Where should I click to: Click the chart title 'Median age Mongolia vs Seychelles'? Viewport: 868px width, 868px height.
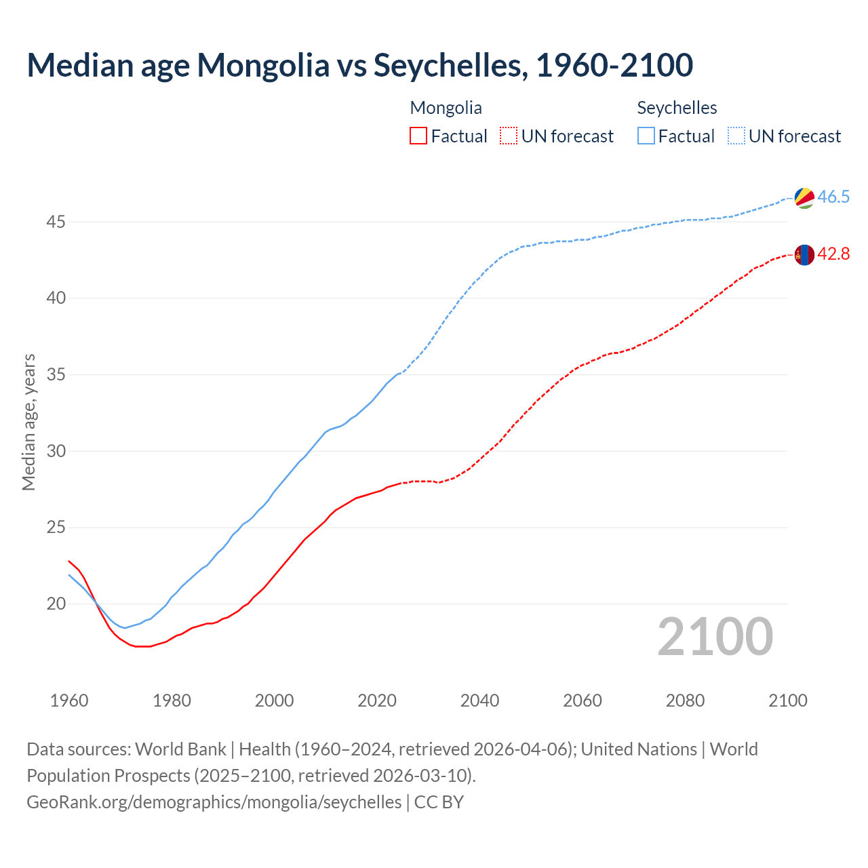click(359, 65)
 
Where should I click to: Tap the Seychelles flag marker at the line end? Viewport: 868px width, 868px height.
click(804, 197)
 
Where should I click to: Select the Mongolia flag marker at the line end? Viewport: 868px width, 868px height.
click(804, 254)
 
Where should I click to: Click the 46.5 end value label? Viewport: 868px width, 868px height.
click(833, 197)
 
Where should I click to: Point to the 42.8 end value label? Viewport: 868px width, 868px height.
click(833, 254)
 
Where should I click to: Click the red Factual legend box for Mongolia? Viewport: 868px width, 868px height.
click(418, 136)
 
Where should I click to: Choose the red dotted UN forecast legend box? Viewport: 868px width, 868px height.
click(509, 136)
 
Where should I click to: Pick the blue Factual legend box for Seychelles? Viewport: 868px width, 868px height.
click(646, 136)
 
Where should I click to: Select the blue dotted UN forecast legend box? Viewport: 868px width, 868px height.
click(736, 136)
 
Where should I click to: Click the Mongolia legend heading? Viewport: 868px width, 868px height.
click(446, 108)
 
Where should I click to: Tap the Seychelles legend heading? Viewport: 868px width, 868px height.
click(677, 108)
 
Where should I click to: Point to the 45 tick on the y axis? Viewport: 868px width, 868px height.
click(56, 222)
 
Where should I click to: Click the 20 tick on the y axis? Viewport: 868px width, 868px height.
click(56, 604)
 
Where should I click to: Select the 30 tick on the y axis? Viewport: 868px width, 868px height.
click(56, 451)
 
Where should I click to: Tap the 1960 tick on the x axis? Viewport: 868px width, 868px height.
click(69, 701)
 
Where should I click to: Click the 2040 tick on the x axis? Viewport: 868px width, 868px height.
click(479, 701)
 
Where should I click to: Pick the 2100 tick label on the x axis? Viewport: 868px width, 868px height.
click(787, 701)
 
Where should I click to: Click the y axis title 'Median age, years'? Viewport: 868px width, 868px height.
click(28, 422)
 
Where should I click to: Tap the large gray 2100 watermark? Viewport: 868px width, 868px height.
click(715, 636)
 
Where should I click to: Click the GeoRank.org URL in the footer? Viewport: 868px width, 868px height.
click(214, 802)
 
